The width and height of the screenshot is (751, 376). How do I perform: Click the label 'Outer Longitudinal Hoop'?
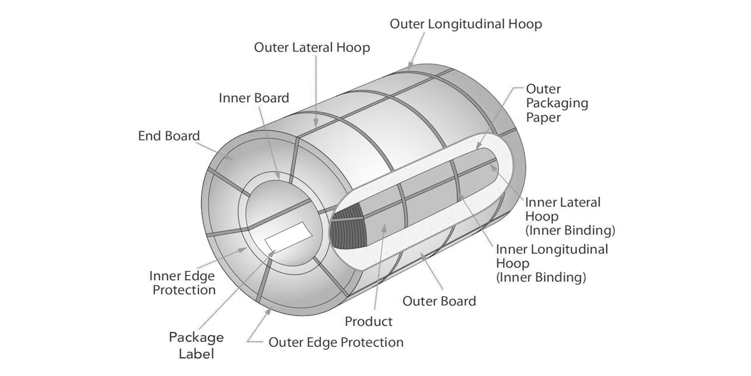[x=466, y=24]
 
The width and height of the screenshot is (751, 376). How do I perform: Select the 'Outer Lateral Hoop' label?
[x=312, y=48]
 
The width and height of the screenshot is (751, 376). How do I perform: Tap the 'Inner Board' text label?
[x=254, y=98]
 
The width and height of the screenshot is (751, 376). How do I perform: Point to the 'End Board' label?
[x=169, y=136]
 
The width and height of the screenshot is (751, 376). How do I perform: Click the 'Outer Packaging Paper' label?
[x=557, y=103]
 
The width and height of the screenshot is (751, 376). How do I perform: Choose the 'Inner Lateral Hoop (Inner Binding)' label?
[x=570, y=217]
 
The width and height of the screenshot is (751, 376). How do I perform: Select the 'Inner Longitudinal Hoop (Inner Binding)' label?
[x=552, y=264]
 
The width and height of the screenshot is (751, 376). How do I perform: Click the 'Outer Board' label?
[x=439, y=301]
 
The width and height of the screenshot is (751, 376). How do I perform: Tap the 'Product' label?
[x=369, y=321]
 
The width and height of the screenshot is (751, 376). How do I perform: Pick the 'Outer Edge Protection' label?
[x=336, y=342]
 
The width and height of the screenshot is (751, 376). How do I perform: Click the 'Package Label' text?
[x=196, y=345]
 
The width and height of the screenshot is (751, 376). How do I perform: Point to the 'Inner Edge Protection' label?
[x=182, y=283]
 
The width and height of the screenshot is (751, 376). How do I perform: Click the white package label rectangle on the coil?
[x=289, y=237]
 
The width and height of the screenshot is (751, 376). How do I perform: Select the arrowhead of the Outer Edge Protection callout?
[x=268, y=312]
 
